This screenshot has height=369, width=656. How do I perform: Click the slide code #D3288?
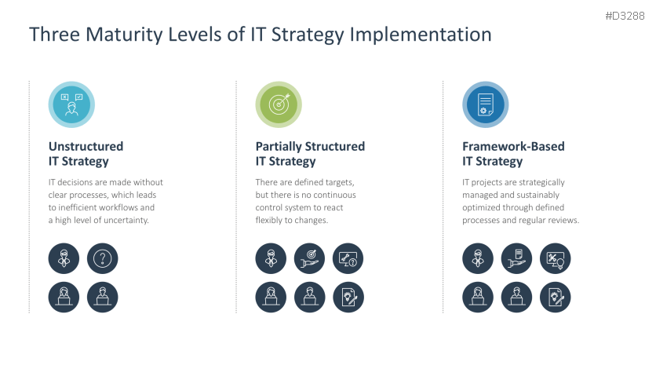click(x=625, y=15)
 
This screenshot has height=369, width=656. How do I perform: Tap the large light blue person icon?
click(x=71, y=104)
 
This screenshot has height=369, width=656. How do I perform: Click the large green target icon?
click(x=279, y=104)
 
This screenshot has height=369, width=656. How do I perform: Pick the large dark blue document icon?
click(x=485, y=104)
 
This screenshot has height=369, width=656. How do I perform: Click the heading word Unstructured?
click(x=86, y=146)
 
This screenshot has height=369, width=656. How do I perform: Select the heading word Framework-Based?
click(x=513, y=146)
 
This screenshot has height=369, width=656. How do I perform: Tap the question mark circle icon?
click(x=103, y=258)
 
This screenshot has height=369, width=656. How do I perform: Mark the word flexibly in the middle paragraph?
click(x=272, y=221)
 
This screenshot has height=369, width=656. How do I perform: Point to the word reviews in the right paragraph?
click(x=561, y=221)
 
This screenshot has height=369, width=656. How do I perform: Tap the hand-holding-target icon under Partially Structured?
click(x=309, y=258)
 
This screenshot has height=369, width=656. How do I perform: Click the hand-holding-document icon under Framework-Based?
click(x=516, y=258)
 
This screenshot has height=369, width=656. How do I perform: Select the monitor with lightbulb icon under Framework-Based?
click(x=555, y=258)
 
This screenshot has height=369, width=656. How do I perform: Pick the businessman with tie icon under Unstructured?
click(x=64, y=258)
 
